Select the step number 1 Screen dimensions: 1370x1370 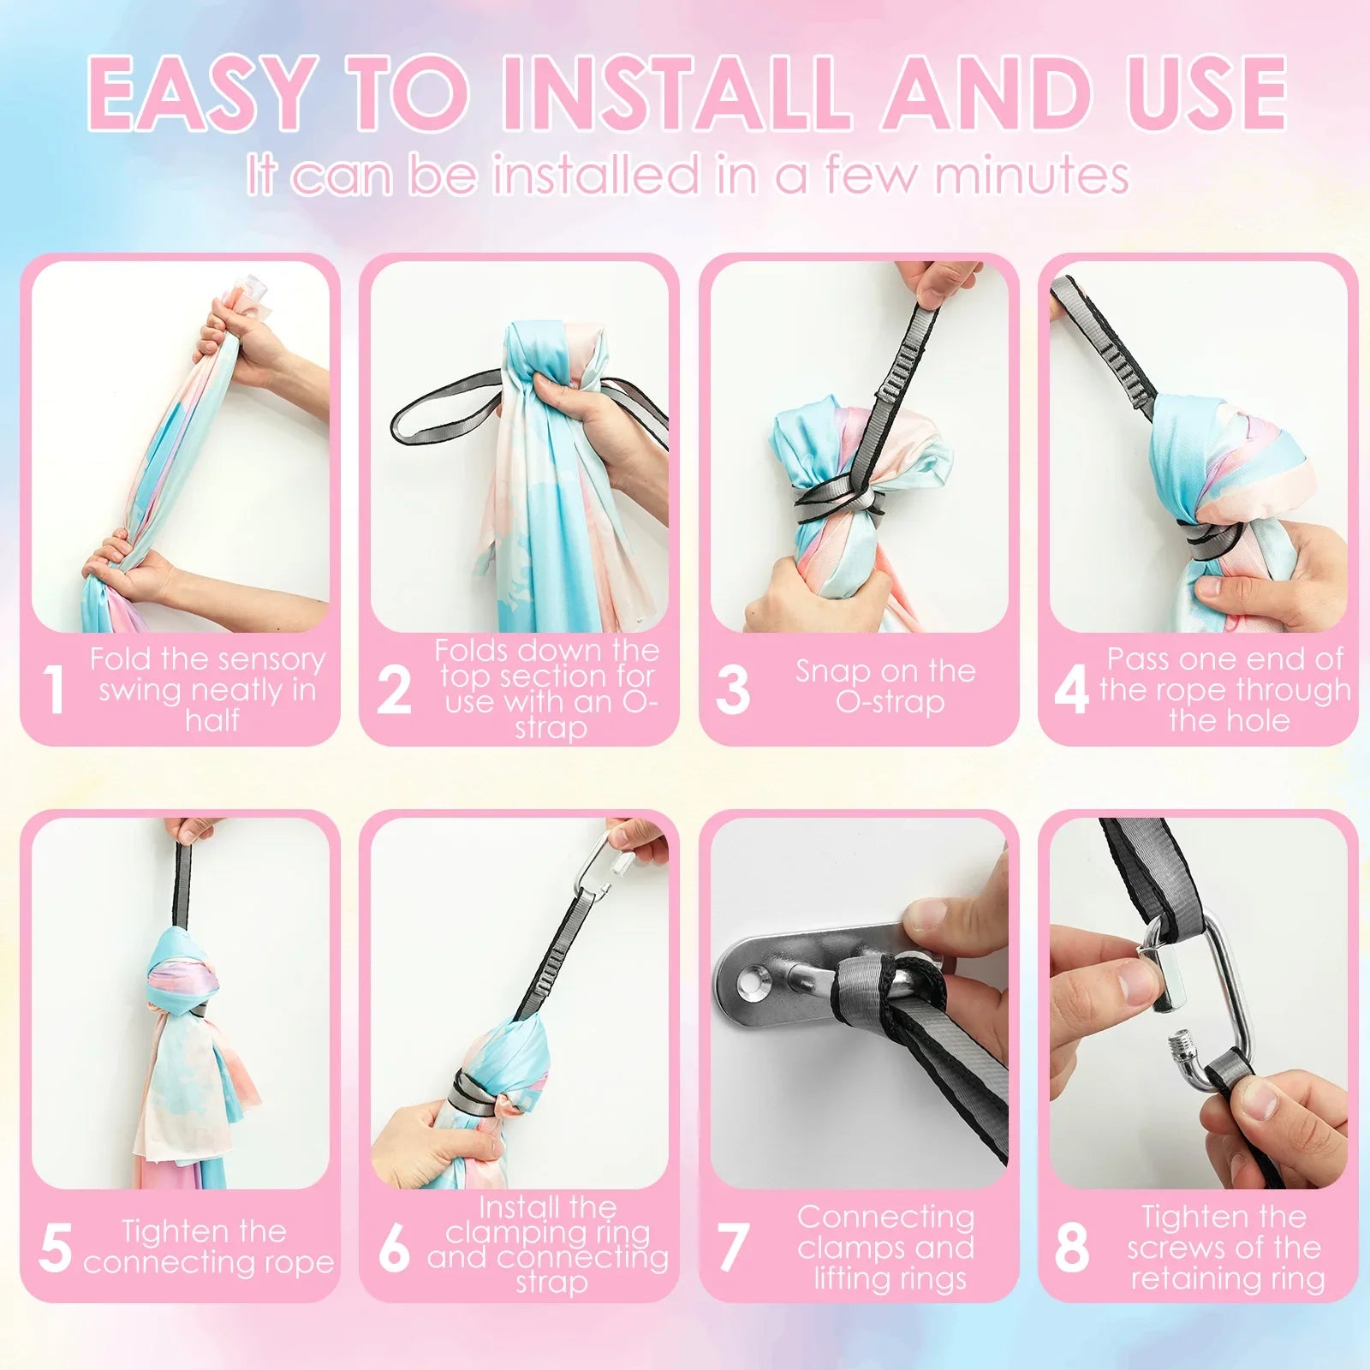pyautogui.click(x=54, y=689)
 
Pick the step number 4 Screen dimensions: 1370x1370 pyautogui.click(x=1071, y=689)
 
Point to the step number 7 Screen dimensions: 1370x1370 pyautogui.click(x=732, y=1247)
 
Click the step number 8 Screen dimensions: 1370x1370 pyautogui.click(x=1071, y=1247)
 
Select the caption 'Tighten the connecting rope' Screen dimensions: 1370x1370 pyautogui.click(x=208, y=1246)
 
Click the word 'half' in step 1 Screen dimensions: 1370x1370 pyautogui.click(x=211, y=720)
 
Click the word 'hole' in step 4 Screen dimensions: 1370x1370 pyautogui.click(x=1259, y=720)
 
